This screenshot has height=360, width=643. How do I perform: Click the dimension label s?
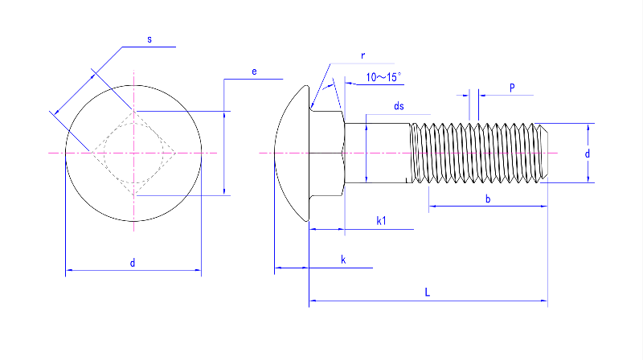click(149, 39)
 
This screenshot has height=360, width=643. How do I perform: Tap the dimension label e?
click(254, 72)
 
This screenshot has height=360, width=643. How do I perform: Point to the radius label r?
click(363, 55)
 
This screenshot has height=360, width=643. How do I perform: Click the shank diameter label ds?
click(399, 106)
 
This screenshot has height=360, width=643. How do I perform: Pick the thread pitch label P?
click(512, 87)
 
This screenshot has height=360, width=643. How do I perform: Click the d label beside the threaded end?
click(588, 153)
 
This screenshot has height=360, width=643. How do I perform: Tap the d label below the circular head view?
click(133, 263)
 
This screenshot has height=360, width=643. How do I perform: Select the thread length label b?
click(488, 198)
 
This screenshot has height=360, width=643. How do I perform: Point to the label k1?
click(383, 220)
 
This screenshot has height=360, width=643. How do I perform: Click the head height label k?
click(343, 259)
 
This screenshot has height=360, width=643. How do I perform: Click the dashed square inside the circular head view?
click(133, 153)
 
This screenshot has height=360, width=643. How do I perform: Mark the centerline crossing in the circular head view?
click(133, 153)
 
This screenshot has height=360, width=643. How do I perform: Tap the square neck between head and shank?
click(328, 153)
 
